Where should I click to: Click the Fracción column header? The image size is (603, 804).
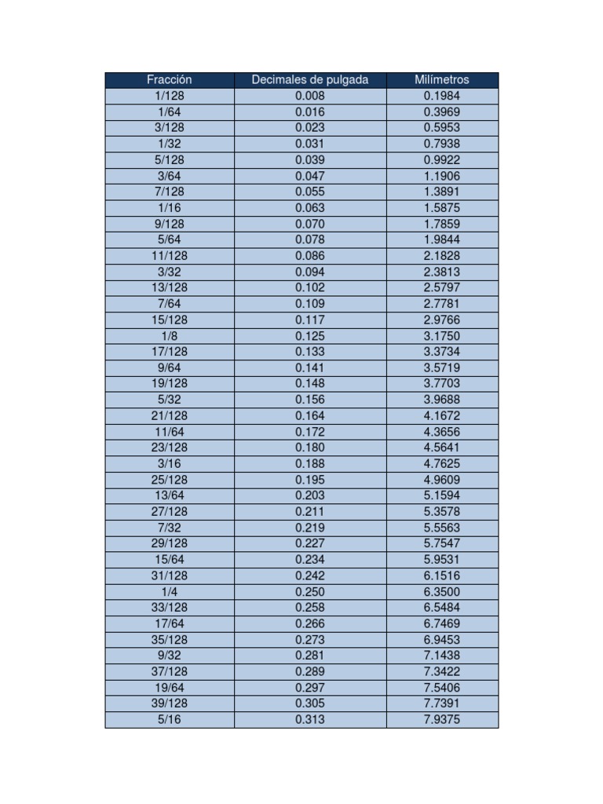tap(169, 79)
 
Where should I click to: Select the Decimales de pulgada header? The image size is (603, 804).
tap(309, 79)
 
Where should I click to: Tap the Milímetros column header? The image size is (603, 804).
tap(442, 79)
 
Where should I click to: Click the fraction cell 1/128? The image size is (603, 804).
tap(169, 96)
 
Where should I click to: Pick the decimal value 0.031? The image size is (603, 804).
tap(309, 144)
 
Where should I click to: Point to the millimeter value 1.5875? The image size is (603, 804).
tap(442, 208)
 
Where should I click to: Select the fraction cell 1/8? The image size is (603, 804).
tap(169, 336)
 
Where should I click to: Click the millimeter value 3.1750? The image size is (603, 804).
tap(442, 336)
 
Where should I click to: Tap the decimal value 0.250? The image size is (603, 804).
tap(309, 591)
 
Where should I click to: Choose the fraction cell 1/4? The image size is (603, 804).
tap(169, 591)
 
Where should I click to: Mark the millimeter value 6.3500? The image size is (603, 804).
tap(442, 591)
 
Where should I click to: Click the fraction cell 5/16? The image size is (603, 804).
tap(169, 719)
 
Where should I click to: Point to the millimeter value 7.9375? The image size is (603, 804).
tap(442, 719)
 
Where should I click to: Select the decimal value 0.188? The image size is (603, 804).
tap(309, 463)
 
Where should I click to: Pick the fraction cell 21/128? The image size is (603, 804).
tap(169, 415)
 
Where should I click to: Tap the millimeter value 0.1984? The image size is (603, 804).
tap(442, 96)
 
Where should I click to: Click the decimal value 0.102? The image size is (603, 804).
tap(309, 287)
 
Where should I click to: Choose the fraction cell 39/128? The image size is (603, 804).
tap(169, 703)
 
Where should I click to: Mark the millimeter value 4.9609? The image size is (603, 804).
tap(442, 479)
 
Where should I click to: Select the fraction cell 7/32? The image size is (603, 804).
tap(169, 528)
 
